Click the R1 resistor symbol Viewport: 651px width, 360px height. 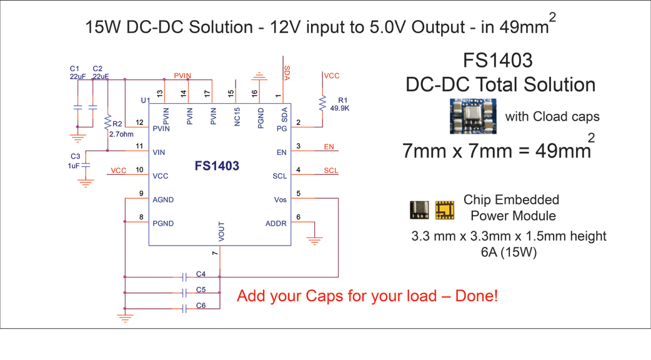coord(322,103)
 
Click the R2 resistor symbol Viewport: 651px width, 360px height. coord(107,122)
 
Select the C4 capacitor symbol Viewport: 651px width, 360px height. coord(185,277)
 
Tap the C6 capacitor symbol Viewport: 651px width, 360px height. coord(185,309)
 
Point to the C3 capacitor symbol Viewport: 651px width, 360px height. coord(86,165)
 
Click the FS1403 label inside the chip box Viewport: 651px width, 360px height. coord(217,166)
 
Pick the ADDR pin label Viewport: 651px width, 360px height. coord(276,223)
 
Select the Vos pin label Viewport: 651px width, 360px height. coord(281,200)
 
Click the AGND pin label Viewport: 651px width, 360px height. coord(162,200)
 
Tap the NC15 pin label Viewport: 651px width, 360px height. coord(237,117)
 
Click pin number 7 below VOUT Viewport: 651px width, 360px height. coord(215,253)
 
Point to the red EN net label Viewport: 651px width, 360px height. coord(329,147)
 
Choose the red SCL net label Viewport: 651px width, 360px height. coord(331,171)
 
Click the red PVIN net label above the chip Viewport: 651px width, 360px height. coord(182,76)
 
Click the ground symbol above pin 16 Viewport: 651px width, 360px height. coord(259,76)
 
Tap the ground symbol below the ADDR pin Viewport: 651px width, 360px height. coord(314,241)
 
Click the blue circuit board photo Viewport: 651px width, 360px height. coord(473,116)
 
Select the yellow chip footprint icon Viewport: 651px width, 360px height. coord(444,210)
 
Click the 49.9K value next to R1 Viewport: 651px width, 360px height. coord(340,108)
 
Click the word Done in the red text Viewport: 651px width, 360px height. coord(476,296)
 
